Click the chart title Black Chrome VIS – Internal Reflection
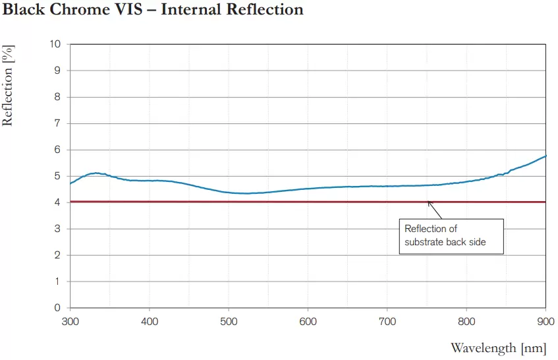coord(153,10)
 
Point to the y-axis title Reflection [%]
coord(8,86)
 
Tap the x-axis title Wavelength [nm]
coord(497,347)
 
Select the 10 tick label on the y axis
coord(55,44)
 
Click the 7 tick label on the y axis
coord(58,123)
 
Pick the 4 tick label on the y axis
coord(58,202)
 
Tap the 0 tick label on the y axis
coord(58,308)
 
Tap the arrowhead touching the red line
coord(430,203)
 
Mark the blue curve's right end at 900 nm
coord(545,156)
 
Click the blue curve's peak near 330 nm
coord(95,173)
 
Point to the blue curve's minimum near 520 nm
coord(245,193)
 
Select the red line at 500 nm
coord(229,202)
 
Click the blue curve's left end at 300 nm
coord(70,183)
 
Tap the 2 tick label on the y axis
coord(58,255)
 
